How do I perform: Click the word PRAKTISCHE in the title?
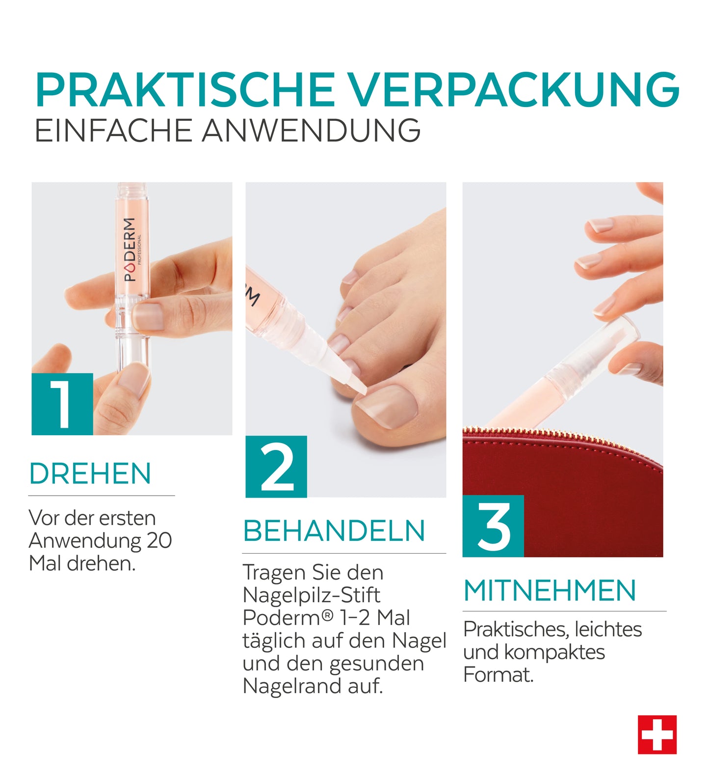pos(185,90)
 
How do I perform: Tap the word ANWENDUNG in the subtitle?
pos(311,131)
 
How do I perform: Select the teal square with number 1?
pos(62,404)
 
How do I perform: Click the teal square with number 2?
pos(276,467)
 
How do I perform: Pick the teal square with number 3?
pos(493,526)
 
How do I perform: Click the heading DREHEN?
pos(90,474)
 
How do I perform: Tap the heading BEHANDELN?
pos(334,531)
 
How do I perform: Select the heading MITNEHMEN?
pos(550,590)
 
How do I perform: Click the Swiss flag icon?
pos(657,735)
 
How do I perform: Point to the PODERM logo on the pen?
pos(130,249)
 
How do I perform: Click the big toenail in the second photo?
pos(387,405)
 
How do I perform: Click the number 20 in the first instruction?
pos(159,540)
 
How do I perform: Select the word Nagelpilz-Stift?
pos(311,595)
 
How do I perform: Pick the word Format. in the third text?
pos(498,674)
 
